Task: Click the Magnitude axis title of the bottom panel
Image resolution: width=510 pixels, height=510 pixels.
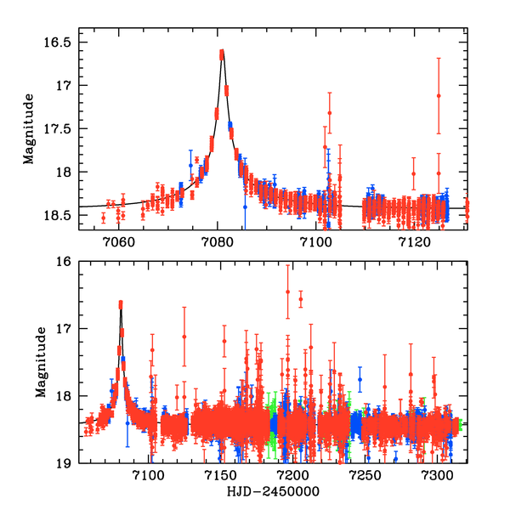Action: click(x=41, y=363)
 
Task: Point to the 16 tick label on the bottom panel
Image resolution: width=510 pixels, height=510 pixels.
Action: click(x=65, y=261)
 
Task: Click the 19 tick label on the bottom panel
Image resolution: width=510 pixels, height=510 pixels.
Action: click(x=65, y=464)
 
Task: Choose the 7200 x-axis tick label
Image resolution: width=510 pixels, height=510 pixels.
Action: click(x=292, y=476)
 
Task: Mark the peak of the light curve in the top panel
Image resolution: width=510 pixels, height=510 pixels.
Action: click(x=222, y=53)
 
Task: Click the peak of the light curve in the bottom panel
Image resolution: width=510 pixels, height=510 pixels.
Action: click(x=121, y=303)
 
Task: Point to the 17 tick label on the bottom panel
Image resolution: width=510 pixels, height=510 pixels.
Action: click(x=65, y=329)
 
